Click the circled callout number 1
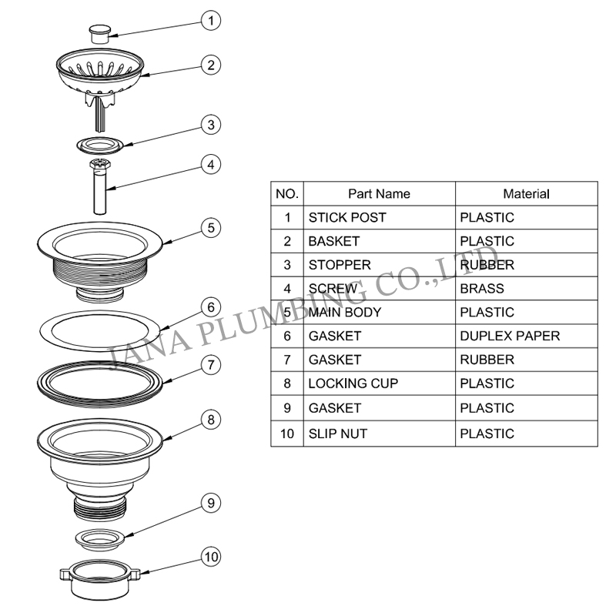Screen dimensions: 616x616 (211, 21)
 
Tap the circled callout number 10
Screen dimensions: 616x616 (211, 557)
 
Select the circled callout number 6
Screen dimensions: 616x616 (211, 306)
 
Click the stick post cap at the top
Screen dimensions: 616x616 (100, 34)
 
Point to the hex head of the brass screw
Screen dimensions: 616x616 (100, 164)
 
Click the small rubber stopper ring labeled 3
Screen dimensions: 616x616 (100, 146)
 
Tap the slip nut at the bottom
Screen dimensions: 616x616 (100, 579)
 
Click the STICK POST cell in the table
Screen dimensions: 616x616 (379, 217)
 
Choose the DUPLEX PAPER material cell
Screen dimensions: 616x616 (527, 336)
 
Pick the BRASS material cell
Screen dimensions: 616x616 (527, 288)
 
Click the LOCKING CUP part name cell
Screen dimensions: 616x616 (379, 383)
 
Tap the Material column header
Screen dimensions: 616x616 (527, 194)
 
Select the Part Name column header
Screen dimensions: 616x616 (379, 194)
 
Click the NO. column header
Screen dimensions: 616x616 (287, 194)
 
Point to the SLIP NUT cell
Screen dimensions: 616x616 (379, 434)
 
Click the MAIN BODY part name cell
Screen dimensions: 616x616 (379, 313)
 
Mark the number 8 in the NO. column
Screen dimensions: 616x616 (287, 383)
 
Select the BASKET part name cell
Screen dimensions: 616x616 (379, 241)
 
